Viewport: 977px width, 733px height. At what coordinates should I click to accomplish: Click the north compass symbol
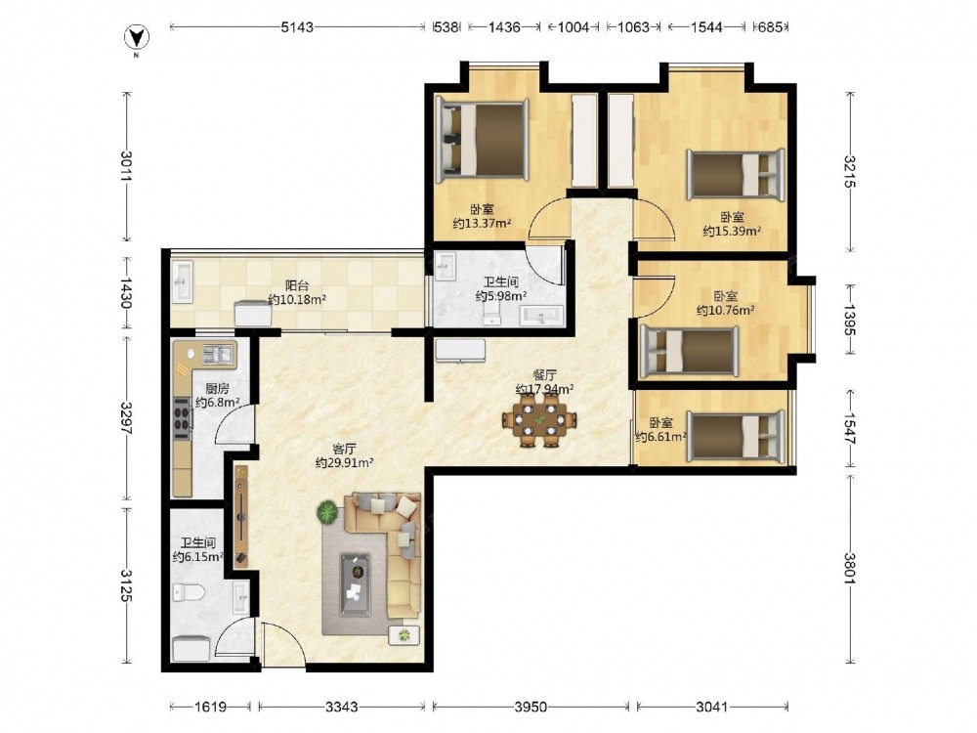[137, 39]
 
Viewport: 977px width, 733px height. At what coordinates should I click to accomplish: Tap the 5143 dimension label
[297, 27]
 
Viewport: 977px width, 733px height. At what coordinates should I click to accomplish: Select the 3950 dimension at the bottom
[531, 707]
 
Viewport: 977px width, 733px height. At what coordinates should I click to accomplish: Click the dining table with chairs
[539, 420]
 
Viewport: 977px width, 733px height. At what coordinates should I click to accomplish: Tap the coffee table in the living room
[355, 584]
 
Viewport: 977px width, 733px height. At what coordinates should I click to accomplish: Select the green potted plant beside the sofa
[327, 514]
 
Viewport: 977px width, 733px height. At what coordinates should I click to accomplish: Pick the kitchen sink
[217, 355]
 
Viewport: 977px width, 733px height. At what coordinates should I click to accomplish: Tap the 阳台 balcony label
[297, 285]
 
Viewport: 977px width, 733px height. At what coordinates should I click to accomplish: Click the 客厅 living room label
[344, 449]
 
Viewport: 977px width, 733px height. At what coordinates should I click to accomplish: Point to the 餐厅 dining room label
[544, 375]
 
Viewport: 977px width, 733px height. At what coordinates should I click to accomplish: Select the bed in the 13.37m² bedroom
[482, 139]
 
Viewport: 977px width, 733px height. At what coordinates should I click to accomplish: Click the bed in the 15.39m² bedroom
[736, 175]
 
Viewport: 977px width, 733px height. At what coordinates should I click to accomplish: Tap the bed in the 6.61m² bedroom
[736, 437]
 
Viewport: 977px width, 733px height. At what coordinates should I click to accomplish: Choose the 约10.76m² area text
[726, 310]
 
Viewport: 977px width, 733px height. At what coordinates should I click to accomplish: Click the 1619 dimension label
[211, 707]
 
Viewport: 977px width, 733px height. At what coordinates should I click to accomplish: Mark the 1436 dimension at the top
[504, 27]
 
